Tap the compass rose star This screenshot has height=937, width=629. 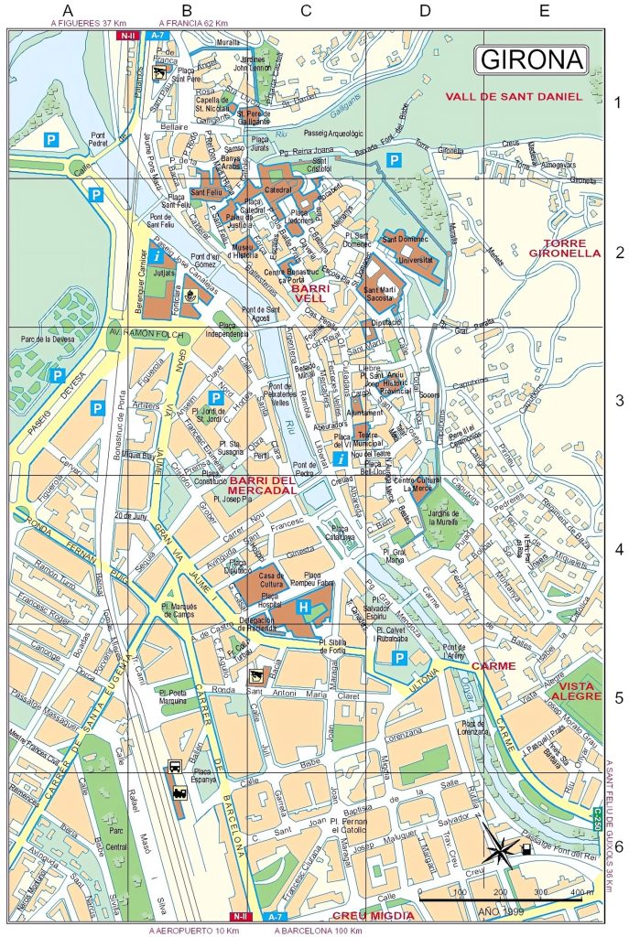pyautogui.click(x=501, y=850)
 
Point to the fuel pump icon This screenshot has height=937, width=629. pyautogui.click(x=526, y=848)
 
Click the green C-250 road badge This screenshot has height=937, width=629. pyautogui.click(x=597, y=818)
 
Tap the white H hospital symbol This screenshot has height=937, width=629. pyautogui.click(x=304, y=608)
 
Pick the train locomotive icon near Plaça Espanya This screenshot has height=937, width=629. pyautogui.click(x=180, y=793)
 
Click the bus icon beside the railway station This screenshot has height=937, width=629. pyautogui.click(x=175, y=768)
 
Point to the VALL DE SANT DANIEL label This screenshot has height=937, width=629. pyautogui.click(x=514, y=96)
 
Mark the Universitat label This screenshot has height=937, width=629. pyautogui.click(x=409, y=259)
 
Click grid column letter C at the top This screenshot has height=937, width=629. pyautogui.click(x=306, y=11)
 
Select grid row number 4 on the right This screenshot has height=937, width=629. pyautogui.click(x=618, y=550)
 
